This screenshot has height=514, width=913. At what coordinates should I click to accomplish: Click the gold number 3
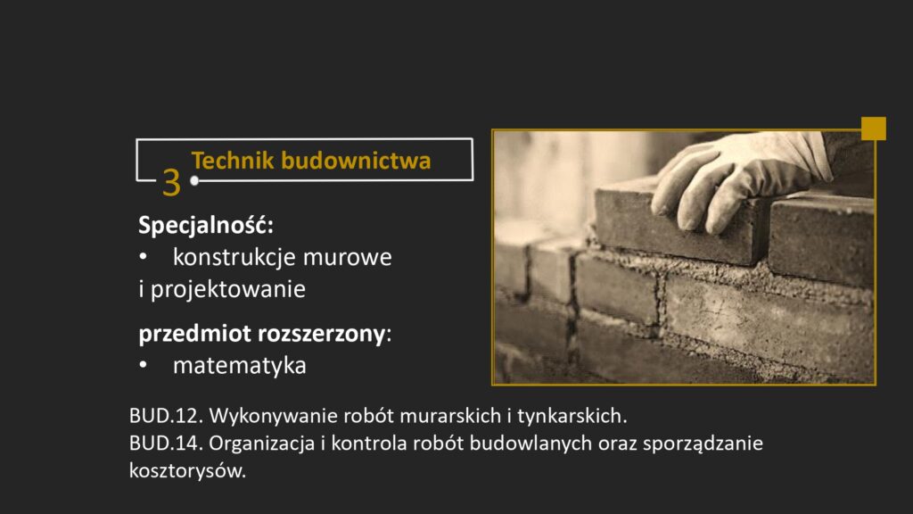(x=171, y=183)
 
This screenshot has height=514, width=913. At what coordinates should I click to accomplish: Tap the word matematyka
(x=239, y=366)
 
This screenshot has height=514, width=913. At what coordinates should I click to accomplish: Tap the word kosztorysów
(x=186, y=471)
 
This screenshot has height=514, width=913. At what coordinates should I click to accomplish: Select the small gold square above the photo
(x=874, y=128)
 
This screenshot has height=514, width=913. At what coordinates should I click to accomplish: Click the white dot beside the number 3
(x=194, y=180)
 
